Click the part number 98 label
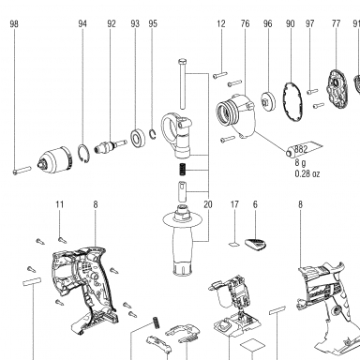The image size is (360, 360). (x=14, y=23)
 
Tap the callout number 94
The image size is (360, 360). (x=82, y=23)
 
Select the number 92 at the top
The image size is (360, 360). (x=112, y=23)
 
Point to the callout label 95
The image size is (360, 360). (x=153, y=23)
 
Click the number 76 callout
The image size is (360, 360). (x=246, y=23)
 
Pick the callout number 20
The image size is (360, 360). (x=208, y=204)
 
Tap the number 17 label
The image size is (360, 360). (x=234, y=204)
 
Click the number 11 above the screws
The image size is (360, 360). (x=60, y=204)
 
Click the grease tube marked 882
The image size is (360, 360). (x=304, y=149)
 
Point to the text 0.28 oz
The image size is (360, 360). (x=307, y=173)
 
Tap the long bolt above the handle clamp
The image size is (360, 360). (x=183, y=83)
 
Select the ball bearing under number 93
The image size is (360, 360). (x=137, y=138)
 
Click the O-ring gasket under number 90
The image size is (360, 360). (x=293, y=101)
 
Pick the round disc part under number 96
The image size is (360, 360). (x=268, y=100)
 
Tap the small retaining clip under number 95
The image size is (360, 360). (x=153, y=134)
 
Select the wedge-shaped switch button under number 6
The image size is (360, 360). (x=256, y=244)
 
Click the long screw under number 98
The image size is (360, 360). (x=22, y=171)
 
